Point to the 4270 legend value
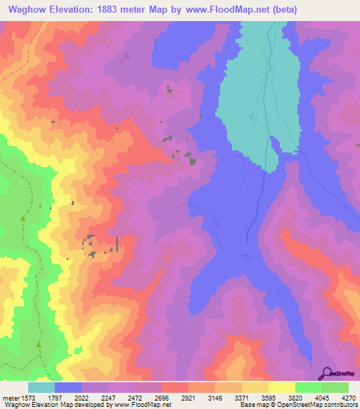pyautogui.click(x=349, y=397)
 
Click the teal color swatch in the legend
pyautogui.click(x=41, y=387)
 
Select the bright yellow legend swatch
pyautogui.click(x=282, y=387)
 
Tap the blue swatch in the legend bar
pyautogui.click(x=68, y=387)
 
